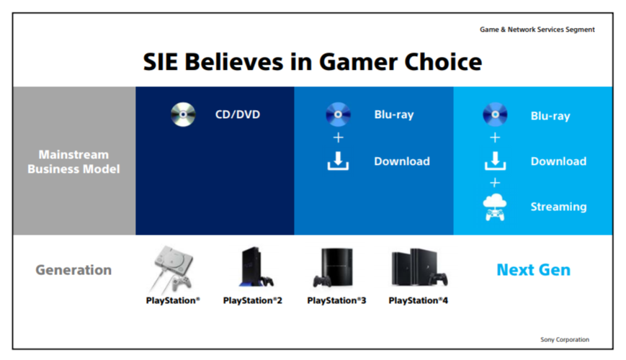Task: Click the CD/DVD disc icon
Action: click(x=183, y=114)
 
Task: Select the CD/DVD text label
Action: click(x=238, y=114)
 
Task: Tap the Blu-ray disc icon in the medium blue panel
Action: click(x=338, y=114)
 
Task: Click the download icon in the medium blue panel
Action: click(x=338, y=161)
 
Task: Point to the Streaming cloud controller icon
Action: click(x=495, y=207)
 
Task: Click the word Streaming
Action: click(x=558, y=207)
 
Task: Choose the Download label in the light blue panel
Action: click(x=558, y=161)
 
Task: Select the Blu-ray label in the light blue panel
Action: click(x=550, y=116)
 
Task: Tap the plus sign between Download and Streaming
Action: click(x=495, y=183)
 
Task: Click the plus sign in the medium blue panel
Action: click(x=338, y=138)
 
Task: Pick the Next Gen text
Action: click(x=533, y=270)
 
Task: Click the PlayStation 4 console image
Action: click(x=419, y=267)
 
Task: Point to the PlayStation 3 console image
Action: click(x=334, y=267)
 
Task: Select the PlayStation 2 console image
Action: click(x=256, y=266)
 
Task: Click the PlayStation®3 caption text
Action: click(x=336, y=300)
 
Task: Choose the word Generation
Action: click(x=73, y=270)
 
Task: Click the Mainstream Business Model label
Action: click(x=73, y=162)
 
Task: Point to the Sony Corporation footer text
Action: click(x=565, y=340)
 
